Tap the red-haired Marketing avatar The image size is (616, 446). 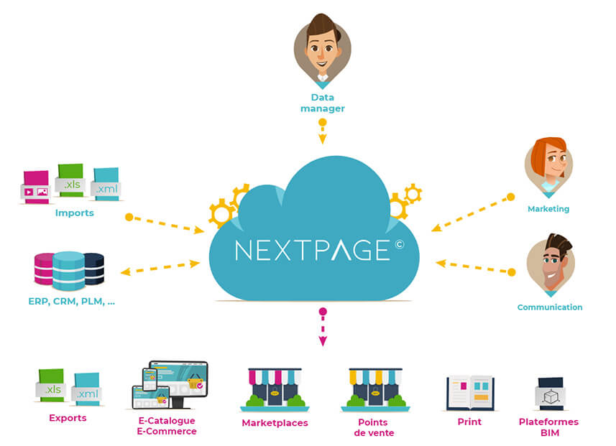(548, 165)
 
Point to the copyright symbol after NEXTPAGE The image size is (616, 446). (399, 244)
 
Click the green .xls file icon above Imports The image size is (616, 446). (70, 180)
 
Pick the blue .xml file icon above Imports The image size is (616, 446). (106, 184)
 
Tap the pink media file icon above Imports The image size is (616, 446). (35, 187)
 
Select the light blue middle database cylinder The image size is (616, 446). (69, 270)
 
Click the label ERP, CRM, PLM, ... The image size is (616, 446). (71, 302)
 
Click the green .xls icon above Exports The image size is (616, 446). (52, 385)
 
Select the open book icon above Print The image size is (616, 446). (469, 392)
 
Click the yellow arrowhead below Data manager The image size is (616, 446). (323, 139)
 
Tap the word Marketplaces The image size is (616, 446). (275, 423)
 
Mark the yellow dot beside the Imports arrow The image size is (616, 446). (129, 216)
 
